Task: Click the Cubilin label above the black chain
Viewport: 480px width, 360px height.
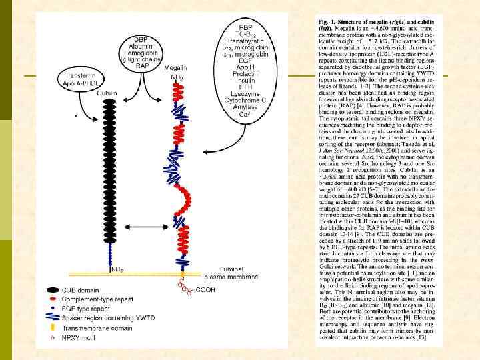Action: (107, 93)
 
